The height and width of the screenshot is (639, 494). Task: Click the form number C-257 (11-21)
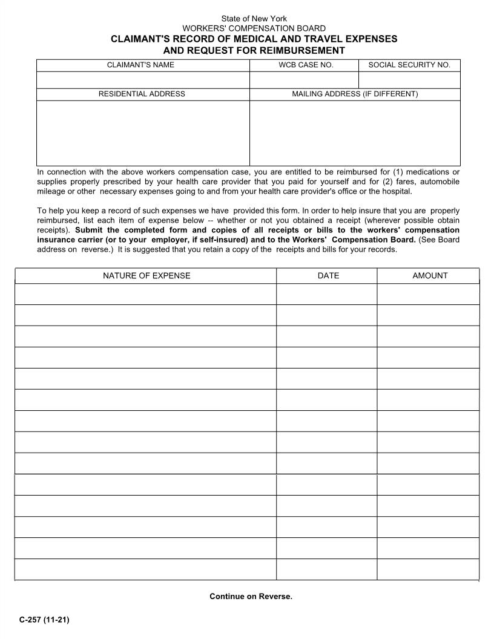[x=44, y=619]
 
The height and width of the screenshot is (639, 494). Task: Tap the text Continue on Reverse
[x=251, y=597]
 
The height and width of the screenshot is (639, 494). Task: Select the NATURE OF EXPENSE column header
[x=146, y=276]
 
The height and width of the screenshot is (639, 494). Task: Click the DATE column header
[x=328, y=276]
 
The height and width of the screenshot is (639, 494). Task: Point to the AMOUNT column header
[x=430, y=276]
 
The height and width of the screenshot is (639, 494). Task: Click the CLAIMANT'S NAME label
[x=140, y=65]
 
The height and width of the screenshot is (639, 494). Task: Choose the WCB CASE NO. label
[x=306, y=65]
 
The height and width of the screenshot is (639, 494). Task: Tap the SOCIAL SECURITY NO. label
[x=409, y=65]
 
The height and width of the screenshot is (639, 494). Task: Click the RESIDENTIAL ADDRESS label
[x=142, y=94]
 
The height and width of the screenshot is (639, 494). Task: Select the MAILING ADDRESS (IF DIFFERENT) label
[x=355, y=94]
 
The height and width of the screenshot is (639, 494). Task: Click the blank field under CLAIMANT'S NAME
[x=143, y=80]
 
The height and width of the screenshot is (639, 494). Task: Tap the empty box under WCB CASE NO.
[x=304, y=80]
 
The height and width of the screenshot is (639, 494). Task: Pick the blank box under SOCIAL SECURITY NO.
[x=409, y=80]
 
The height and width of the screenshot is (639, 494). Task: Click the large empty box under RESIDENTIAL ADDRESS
[x=143, y=133]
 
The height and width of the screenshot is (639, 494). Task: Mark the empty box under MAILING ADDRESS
[x=355, y=133]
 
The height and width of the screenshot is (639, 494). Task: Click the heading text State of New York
[x=254, y=19]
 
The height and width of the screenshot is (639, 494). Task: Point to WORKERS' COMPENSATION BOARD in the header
[x=254, y=28]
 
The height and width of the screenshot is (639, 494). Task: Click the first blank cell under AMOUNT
[x=428, y=294]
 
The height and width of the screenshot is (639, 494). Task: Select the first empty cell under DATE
[x=327, y=294]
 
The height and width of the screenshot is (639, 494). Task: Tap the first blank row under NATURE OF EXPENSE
[x=146, y=294]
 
